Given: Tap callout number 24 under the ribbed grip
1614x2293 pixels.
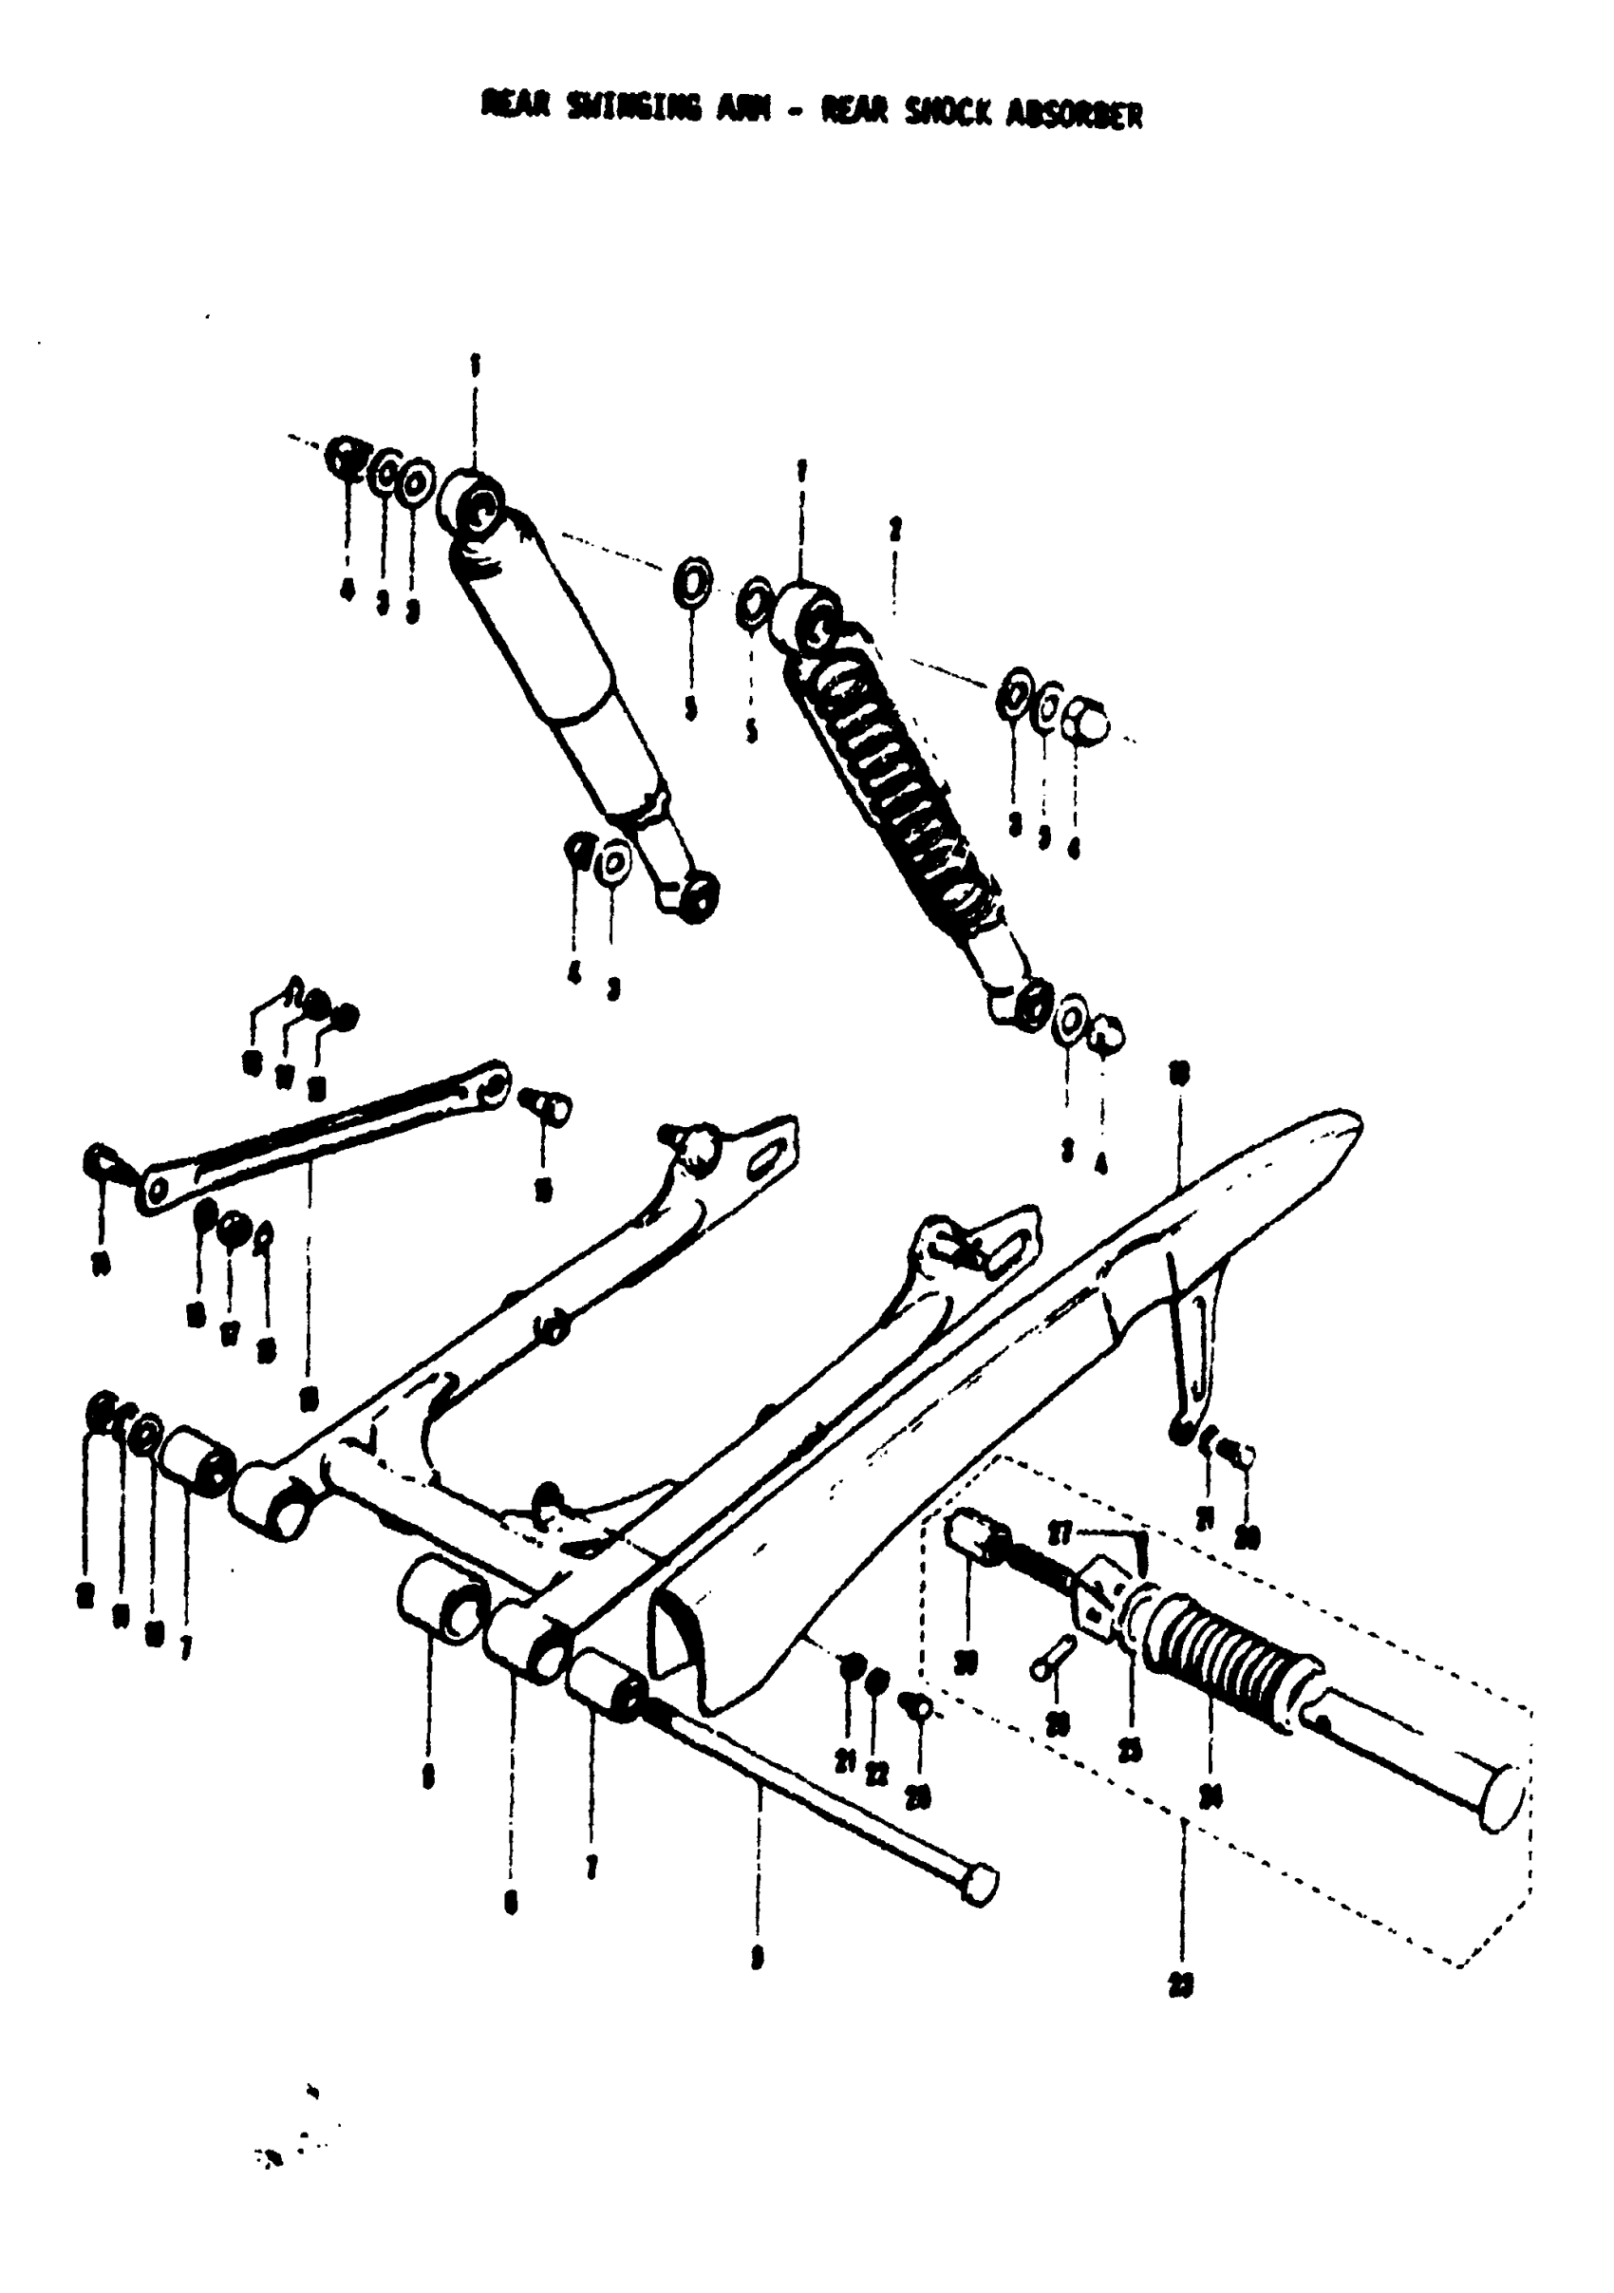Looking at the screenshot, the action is pos(1210,1797).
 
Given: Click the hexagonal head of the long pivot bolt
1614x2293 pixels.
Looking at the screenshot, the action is pos(981,1885).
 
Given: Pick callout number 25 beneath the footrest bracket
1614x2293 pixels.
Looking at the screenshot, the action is pos(1130,1753).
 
